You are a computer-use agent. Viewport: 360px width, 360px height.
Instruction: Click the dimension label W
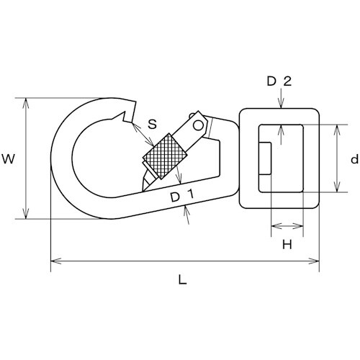9,159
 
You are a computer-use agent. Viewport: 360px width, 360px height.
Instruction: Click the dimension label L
183,279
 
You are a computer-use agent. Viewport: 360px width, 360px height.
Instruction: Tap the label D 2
279,81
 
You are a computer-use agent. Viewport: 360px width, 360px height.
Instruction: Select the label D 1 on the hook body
182,196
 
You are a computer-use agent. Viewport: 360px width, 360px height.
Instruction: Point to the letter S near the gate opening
152,124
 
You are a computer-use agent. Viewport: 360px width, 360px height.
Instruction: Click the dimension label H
287,245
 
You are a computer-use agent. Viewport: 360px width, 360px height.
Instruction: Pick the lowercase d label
354,159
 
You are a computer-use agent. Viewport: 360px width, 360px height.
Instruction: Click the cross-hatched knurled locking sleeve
165,156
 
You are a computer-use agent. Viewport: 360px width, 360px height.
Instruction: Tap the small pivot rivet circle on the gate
198,125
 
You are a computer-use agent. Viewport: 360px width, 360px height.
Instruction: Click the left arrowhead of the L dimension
56,261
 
